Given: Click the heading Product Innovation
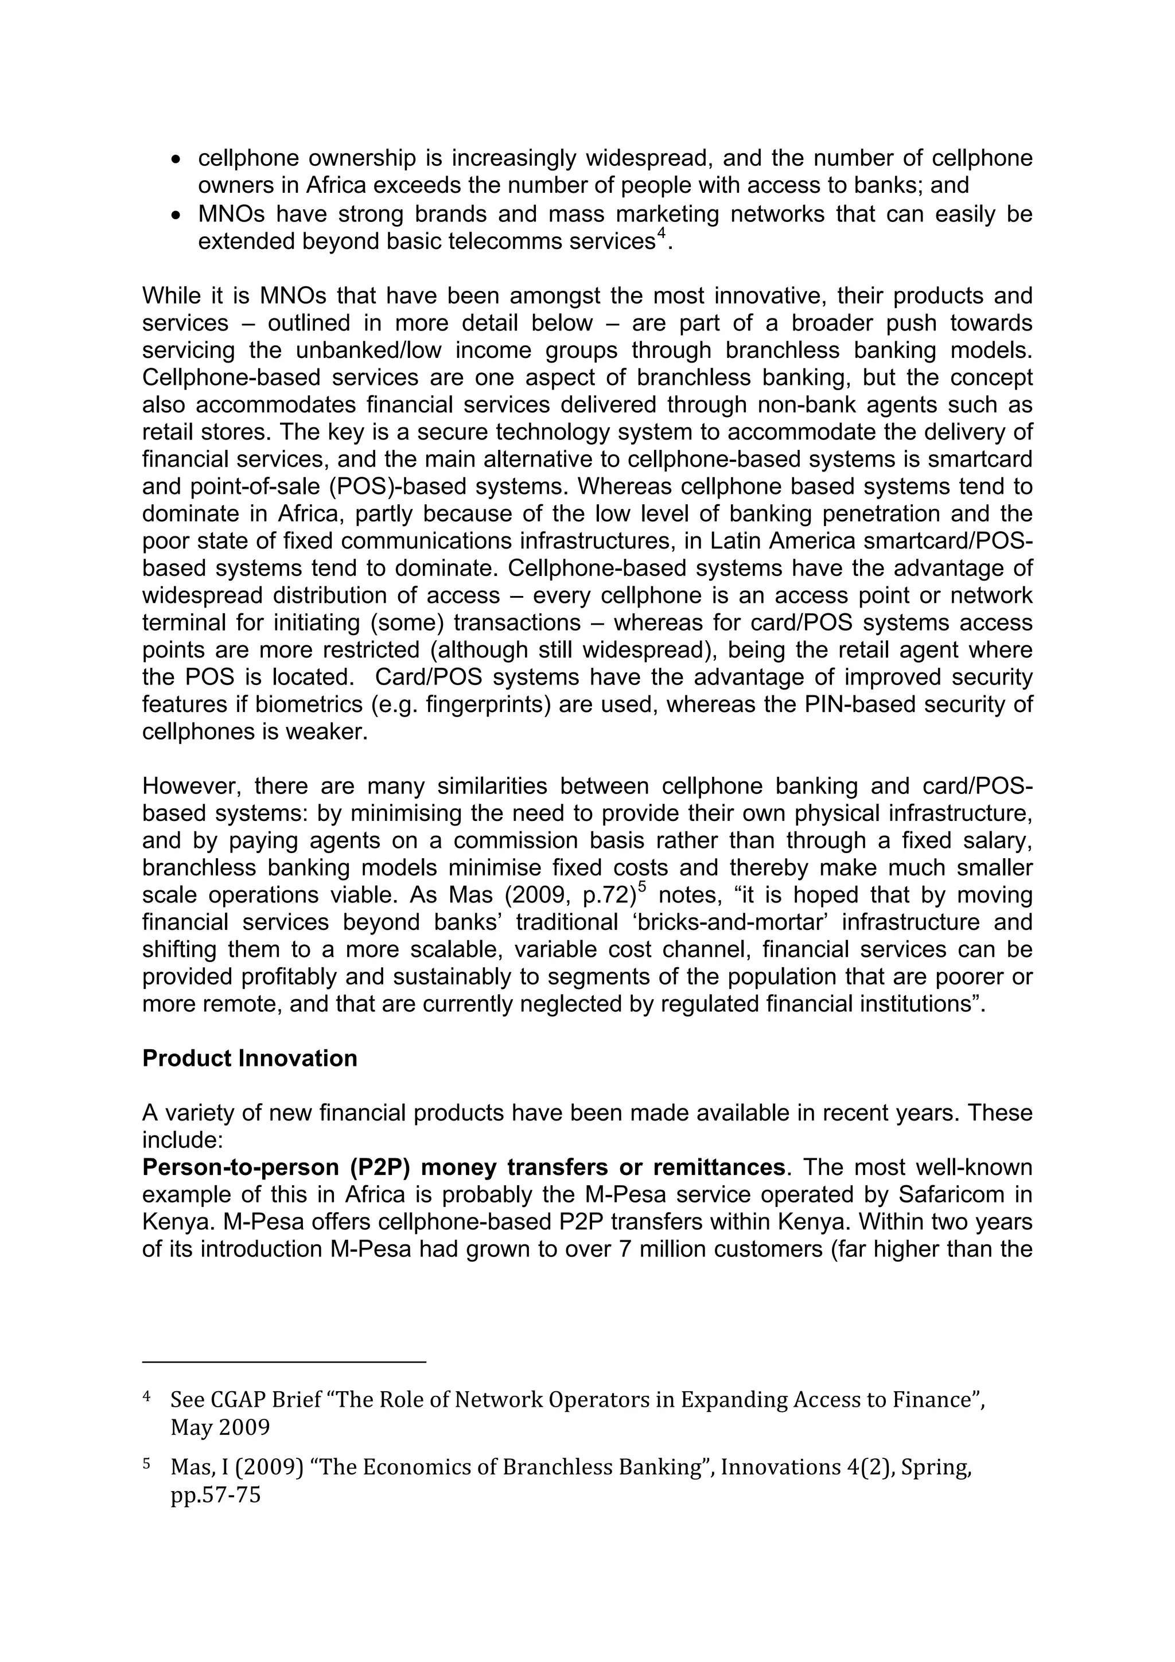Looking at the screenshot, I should (250, 1058).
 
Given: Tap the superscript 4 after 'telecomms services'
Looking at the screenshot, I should (660, 235).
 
